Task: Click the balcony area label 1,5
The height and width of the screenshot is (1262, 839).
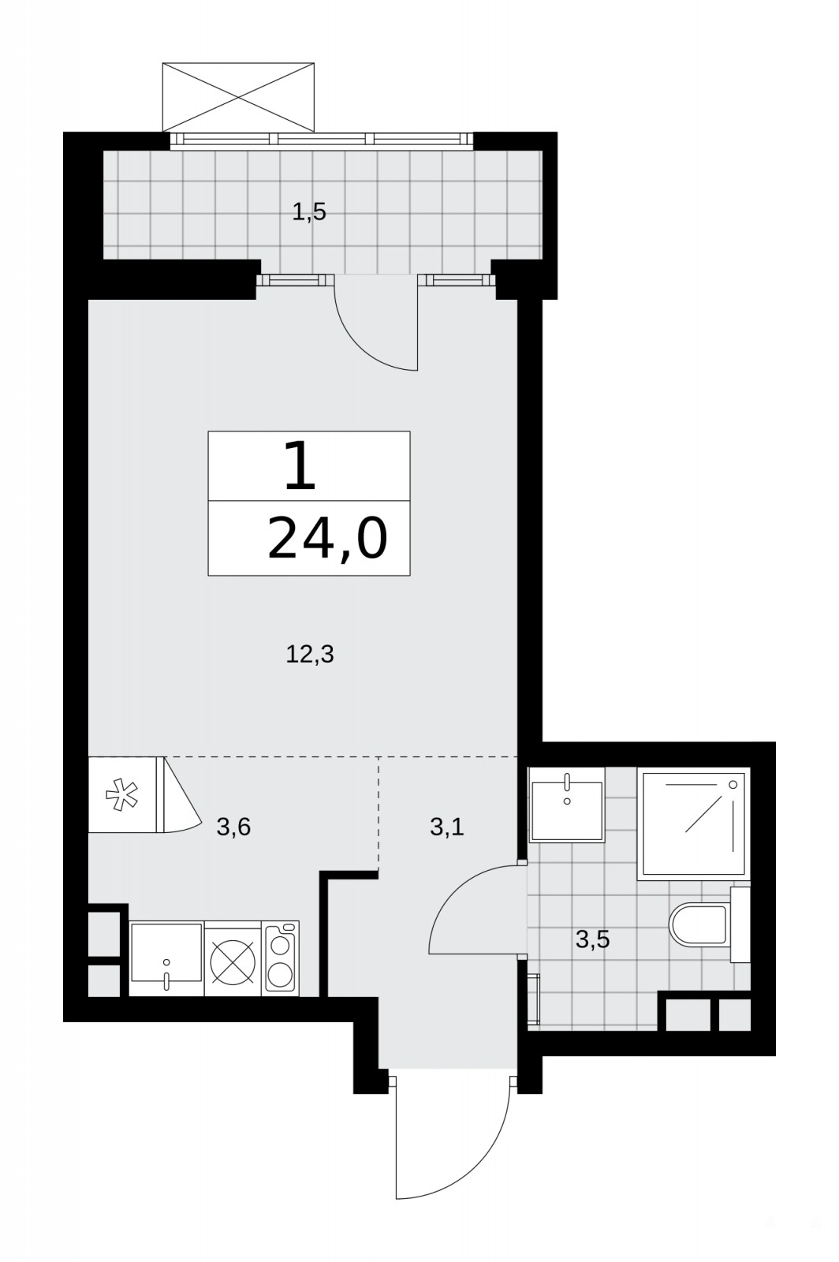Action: click(x=309, y=212)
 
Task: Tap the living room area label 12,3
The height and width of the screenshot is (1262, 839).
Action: click(x=310, y=655)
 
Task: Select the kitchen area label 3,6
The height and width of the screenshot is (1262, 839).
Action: click(x=233, y=827)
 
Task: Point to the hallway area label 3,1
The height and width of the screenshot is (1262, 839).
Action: click(x=446, y=827)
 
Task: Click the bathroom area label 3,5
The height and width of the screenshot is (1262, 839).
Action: click(x=593, y=939)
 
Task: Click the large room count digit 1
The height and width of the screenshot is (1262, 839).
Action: click(x=300, y=465)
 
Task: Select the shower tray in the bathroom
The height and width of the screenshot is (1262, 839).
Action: click(x=694, y=823)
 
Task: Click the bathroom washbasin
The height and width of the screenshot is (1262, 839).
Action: click(x=566, y=804)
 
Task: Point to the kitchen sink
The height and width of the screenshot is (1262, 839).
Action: click(x=166, y=958)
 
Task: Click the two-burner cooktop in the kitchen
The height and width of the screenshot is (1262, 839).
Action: click(x=281, y=958)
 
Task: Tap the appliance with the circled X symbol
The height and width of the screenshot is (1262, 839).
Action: click(x=232, y=958)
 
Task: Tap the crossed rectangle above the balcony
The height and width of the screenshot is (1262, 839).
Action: click(x=237, y=97)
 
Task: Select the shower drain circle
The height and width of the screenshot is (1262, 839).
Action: click(x=733, y=784)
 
